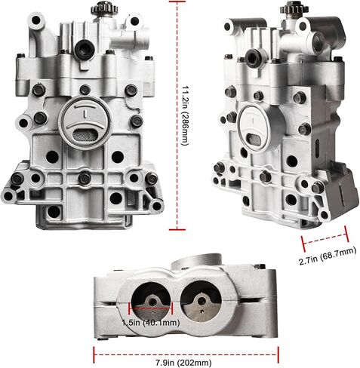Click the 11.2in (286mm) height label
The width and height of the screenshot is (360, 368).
[x=185, y=116]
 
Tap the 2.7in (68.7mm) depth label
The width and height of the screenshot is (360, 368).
[x=328, y=256]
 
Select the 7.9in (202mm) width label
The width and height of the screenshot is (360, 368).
[x=183, y=363]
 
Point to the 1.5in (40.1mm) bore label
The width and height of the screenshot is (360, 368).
[x=151, y=323]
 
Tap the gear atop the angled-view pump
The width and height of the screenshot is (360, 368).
[x=291, y=8]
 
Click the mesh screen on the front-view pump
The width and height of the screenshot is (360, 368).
[x=85, y=135]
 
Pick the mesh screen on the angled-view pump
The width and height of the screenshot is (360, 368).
[x=254, y=139]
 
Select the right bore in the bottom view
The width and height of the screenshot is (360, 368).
[x=202, y=300]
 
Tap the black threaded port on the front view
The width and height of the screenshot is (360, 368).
[x=85, y=47]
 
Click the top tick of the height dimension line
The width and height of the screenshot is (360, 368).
[x=177, y=2]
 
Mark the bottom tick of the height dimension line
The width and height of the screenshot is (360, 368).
[x=177, y=229]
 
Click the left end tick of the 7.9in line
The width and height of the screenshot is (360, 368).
[x=94, y=354]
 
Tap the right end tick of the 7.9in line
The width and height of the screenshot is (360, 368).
[x=278, y=354]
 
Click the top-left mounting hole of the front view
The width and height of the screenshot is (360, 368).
[x=36, y=20]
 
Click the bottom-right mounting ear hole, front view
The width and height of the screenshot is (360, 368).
[x=156, y=206]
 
